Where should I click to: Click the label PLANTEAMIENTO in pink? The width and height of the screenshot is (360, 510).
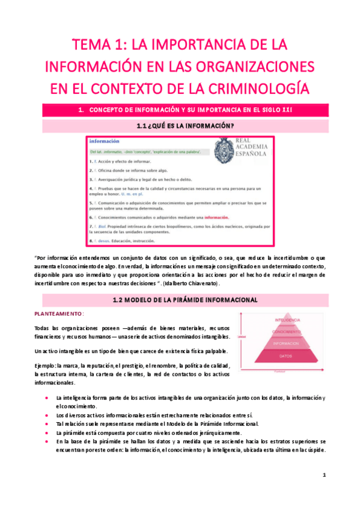[58, 314]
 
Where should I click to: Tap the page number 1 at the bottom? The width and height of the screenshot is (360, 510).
[324, 475]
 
